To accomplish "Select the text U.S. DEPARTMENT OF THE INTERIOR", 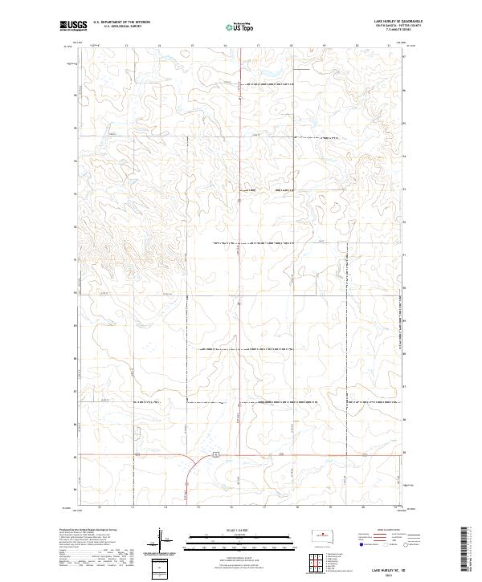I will [121, 22].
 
